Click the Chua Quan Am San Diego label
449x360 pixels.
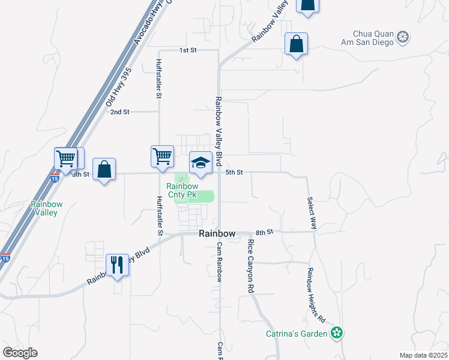coord(369,38)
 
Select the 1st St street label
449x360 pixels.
coord(188,50)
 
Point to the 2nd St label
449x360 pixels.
coord(120,112)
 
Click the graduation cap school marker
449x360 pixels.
coord(200,163)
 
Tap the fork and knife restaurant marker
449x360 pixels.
coord(116,265)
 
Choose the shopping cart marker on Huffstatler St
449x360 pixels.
coord(163,157)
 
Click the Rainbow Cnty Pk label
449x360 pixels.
coord(186,191)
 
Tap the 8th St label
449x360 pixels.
coord(264,232)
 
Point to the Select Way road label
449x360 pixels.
coord(312,214)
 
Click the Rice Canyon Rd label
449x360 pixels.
coord(250,266)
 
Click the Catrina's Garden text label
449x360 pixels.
coord(297,334)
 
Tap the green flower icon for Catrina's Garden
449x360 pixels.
coord(337,332)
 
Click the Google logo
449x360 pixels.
coord(20,353)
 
